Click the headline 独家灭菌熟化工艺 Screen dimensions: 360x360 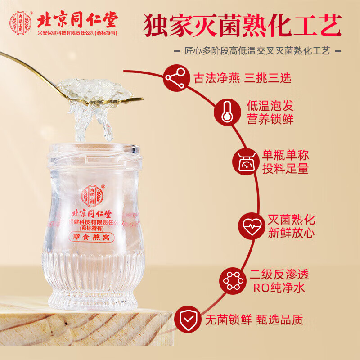click(243, 25)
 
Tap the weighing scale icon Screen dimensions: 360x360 click(244, 162)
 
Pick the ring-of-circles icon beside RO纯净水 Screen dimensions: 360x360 click(233, 281)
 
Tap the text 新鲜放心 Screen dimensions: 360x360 click(292, 233)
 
